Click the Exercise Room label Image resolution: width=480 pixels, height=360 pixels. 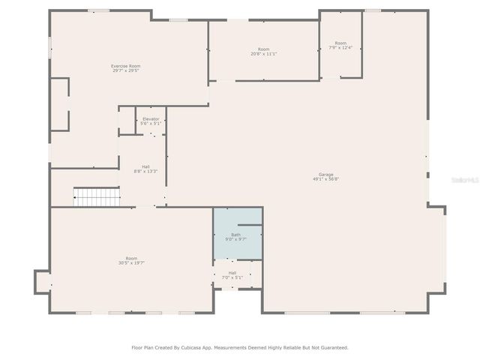(x=125, y=66)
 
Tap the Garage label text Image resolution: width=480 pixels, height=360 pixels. (x=325, y=175)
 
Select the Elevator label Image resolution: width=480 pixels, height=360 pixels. (x=151, y=118)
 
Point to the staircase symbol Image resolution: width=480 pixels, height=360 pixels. (x=96, y=197)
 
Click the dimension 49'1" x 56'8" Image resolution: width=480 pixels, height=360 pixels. (x=325, y=179)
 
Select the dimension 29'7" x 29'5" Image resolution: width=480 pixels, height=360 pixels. (x=125, y=70)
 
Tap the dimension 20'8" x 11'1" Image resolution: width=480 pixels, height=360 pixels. (x=263, y=54)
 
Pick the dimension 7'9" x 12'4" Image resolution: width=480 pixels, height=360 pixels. (x=340, y=48)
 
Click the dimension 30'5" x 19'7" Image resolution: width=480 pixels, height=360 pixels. (x=131, y=263)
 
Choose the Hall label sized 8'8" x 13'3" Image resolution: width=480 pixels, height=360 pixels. (x=145, y=167)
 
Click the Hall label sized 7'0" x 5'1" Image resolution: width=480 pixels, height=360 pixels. (x=232, y=272)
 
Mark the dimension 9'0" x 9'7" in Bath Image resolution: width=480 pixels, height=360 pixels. (x=236, y=239)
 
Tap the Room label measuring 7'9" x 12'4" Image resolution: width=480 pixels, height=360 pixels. (x=340, y=43)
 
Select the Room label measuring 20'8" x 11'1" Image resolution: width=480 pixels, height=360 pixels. (x=263, y=49)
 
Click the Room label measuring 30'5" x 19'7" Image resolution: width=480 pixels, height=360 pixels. (x=131, y=259)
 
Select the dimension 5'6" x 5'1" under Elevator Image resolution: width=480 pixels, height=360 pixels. (x=151, y=123)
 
